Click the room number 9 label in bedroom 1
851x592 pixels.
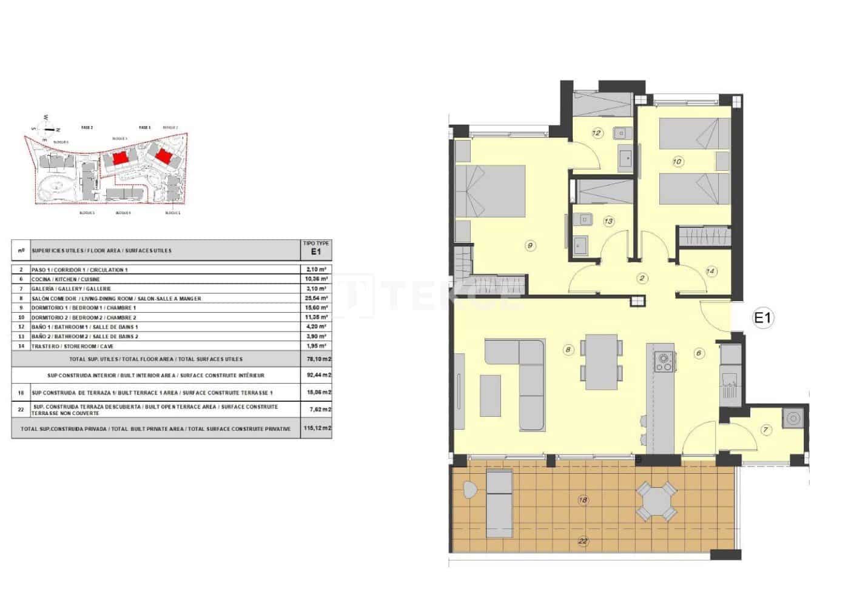[530, 245]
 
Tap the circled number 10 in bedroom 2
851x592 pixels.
[678, 161]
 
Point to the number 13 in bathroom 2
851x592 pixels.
[608, 221]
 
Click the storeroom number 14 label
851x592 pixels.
[711, 271]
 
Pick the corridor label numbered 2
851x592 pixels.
[642, 278]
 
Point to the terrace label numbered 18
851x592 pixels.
[583, 500]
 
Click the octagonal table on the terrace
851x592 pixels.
[657, 501]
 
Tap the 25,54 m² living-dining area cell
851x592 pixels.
[315, 298]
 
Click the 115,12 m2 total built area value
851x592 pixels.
[316, 428]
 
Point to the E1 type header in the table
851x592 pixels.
[315, 250]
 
